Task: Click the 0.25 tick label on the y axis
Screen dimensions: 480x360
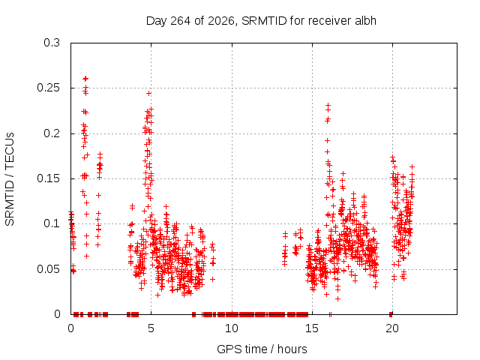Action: pyautogui.click(x=48, y=88)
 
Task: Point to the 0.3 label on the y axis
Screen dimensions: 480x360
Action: pyautogui.click(x=52, y=43)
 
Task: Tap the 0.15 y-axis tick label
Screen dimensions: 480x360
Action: pyautogui.click(x=48, y=178)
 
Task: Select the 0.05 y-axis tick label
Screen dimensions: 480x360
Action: pyautogui.click(x=48, y=269)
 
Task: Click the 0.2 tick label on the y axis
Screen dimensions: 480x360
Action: pyautogui.click(x=52, y=133)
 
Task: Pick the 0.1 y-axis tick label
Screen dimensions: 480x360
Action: pyautogui.click(x=52, y=223)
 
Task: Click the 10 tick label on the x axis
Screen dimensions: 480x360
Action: pyautogui.click(x=232, y=328)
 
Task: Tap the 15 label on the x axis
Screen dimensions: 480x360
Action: pyautogui.click(x=312, y=328)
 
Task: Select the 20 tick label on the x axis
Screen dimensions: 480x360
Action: pyautogui.click(x=392, y=328)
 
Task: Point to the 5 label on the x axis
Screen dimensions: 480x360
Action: pyautogui.click(x=151, y=328)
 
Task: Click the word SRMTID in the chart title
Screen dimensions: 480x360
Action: pyautogui.click(x=264, y=21)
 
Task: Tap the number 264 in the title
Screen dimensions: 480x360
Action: pyautogui.click(x=181, y=21)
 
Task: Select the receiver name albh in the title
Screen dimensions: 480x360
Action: pyautogui.click(x=365, y=21)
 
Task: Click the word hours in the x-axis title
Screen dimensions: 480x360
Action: pyautogui.click(x=292, y=349)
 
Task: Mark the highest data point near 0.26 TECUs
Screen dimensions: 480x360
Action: pyautogui.click(x=85, y=79)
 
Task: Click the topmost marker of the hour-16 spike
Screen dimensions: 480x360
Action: pyautogui.click(x=328, y=105)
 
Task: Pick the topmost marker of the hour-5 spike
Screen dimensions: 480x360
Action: pyautogui.click(x=148, y=93)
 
